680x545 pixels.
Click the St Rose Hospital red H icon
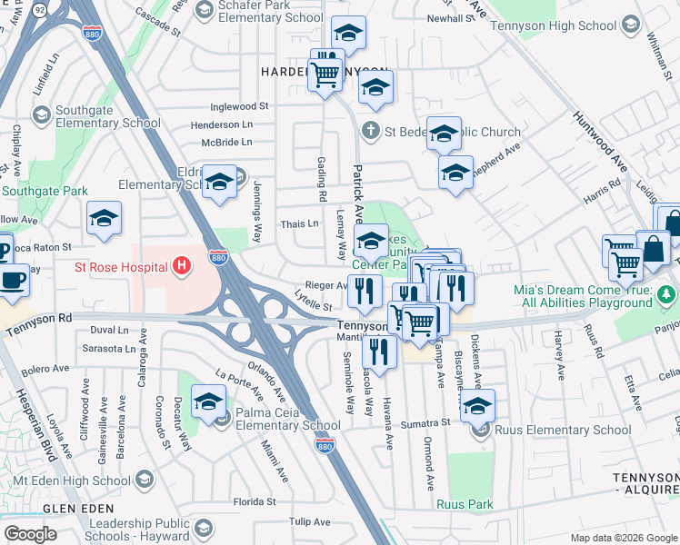coord(183,267)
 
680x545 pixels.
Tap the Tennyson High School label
coord(546,25)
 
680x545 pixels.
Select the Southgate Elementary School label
coord(107,117)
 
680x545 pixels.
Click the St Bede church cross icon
coord(370,131)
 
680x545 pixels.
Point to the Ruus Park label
coord(464,503)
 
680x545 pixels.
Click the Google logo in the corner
coord(30,534)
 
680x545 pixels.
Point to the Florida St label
coord(254,501)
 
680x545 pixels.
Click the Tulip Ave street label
coord(309,521)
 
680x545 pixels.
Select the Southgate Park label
coord(45,192)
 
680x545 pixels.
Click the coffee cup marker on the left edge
coord(13,281)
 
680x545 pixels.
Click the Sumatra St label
coord(427,422)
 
